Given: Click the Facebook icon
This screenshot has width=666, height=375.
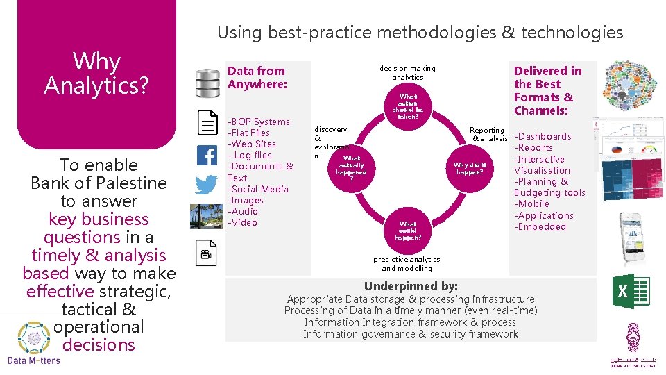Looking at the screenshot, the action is (x=207, y=155).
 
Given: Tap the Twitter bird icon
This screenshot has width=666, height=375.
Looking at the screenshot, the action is (x=207, y=185).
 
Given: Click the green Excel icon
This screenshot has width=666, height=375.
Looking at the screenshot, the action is (x=631, y=291).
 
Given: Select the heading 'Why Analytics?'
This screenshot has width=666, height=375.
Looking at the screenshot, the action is (x=96, y=73).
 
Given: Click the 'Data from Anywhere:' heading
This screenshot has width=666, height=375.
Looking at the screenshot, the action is (x=256, y=77).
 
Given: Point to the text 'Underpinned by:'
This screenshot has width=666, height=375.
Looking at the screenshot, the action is (x=411, y=286).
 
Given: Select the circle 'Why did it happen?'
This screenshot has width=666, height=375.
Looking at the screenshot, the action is (x=470, y=169).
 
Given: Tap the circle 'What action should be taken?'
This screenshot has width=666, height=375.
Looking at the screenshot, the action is (x=407, y=106).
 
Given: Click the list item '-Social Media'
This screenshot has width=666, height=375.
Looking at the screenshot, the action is (x=258, y=189).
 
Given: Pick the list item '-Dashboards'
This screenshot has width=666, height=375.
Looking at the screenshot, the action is (x=543, y=137).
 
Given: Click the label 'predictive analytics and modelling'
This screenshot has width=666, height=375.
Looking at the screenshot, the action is (x=407, y=264).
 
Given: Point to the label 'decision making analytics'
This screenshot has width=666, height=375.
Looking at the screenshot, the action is (x=407, y=73).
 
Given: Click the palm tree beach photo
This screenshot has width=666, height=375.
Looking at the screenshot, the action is (x=207, y=217).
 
